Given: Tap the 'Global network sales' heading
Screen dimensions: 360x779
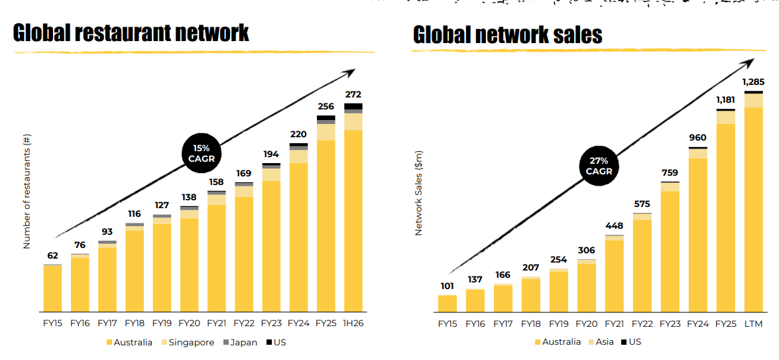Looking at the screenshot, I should [x=508, y=35].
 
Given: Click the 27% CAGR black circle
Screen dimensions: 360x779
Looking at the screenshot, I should [x=599, y=166].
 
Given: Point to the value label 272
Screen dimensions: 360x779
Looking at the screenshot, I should [x=353, y=95].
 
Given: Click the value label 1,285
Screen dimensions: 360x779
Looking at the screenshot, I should [x=753, y=82].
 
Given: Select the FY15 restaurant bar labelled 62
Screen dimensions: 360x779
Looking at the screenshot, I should [x=52, y=288].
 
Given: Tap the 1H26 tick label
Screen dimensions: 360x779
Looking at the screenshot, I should [x=353, y=324].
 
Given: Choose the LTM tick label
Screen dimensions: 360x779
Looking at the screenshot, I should [x=753, y=324].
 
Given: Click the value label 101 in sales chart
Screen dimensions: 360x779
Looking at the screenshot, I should [x=448, y=286].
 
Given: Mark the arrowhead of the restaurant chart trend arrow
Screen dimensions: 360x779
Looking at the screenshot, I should [x=351, y=70].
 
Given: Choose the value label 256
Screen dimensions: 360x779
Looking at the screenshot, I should [x=326, y=106].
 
